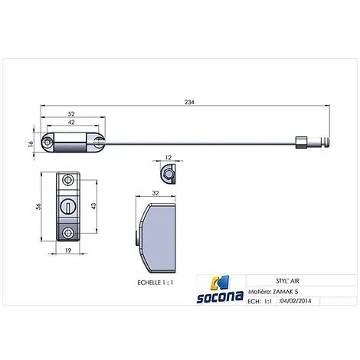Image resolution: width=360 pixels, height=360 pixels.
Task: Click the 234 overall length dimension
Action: (189, 102)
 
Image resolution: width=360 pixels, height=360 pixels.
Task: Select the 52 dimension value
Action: (71, 114)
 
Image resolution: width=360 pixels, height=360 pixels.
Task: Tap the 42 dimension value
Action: (71, 123)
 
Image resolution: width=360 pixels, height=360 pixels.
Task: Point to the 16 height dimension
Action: (31, 144)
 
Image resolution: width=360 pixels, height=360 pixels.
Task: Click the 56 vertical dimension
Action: (38, 206)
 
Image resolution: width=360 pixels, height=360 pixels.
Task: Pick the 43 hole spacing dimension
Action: (93, 206)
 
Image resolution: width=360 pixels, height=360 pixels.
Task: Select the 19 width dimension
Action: (68, 250)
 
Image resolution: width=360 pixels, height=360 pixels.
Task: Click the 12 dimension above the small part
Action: (169, 158)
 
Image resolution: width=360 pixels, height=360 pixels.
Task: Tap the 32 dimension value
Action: (155, 193)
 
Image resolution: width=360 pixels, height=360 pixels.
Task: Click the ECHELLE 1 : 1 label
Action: (155, 283)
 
